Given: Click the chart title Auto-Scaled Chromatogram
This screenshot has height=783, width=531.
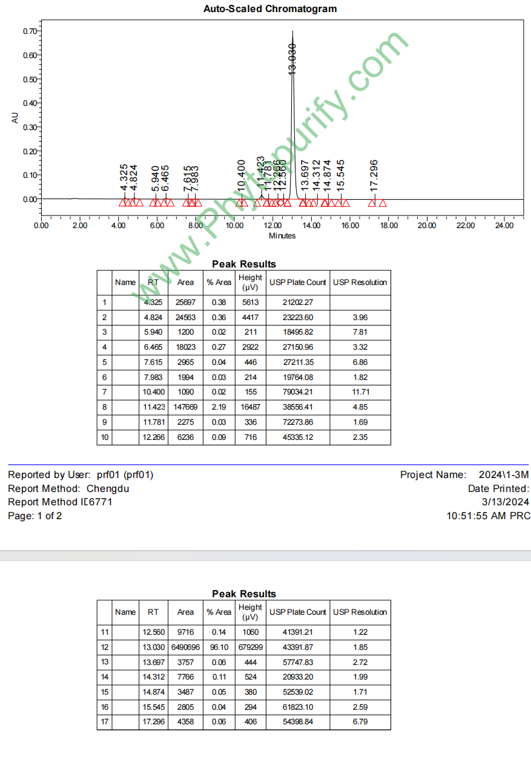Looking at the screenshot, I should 270,9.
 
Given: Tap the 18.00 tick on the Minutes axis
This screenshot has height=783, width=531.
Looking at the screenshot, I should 389,226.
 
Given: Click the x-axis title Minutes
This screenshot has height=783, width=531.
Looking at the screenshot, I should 282,235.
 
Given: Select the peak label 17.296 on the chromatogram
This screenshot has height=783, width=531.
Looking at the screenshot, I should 374,175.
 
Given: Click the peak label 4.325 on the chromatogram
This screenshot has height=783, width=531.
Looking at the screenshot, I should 124,177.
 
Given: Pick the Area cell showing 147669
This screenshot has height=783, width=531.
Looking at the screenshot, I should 185,407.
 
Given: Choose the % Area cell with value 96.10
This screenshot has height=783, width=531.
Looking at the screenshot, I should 219,647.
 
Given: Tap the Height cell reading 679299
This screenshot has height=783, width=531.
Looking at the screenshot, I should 250,647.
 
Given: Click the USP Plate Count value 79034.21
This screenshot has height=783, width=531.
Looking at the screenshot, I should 297,392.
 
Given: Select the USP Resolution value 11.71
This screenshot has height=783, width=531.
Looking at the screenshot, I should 360,392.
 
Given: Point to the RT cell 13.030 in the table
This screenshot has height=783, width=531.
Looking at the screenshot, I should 153,647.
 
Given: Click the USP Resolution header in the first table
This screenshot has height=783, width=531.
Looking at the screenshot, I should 360,282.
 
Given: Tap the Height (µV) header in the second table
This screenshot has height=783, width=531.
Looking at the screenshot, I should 250,612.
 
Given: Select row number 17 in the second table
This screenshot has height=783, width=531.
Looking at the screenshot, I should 105,721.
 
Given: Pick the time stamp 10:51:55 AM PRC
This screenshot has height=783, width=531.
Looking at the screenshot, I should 488,516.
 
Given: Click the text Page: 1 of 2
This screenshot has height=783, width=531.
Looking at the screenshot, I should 35,516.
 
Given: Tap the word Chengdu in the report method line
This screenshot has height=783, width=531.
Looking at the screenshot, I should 108,488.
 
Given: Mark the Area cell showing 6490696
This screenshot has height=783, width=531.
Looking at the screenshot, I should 185,647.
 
